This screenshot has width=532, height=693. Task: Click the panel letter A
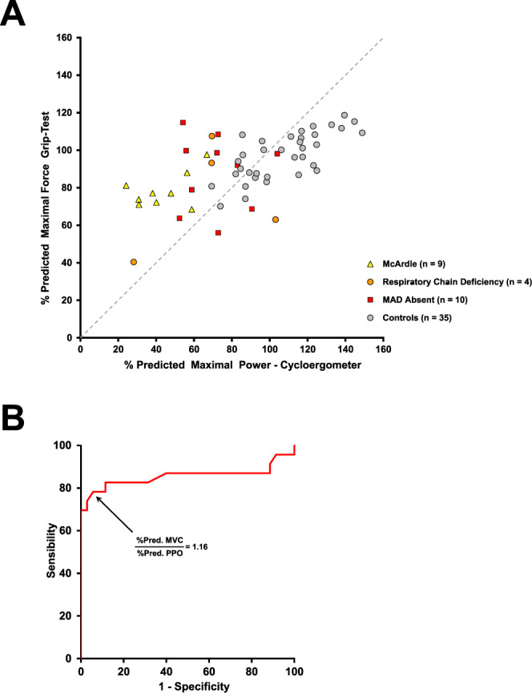(15, 14)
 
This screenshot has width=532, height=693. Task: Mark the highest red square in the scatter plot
(183, 123)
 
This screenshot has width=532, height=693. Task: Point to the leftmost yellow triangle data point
(126, 185)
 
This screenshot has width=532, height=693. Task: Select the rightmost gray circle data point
(362, 133)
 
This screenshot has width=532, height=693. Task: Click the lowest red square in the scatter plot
(218, 232)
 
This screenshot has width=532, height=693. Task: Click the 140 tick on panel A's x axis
(345, 349)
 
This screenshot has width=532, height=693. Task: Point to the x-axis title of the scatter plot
(232, 365)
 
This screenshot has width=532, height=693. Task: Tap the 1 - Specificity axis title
(187, 687)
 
